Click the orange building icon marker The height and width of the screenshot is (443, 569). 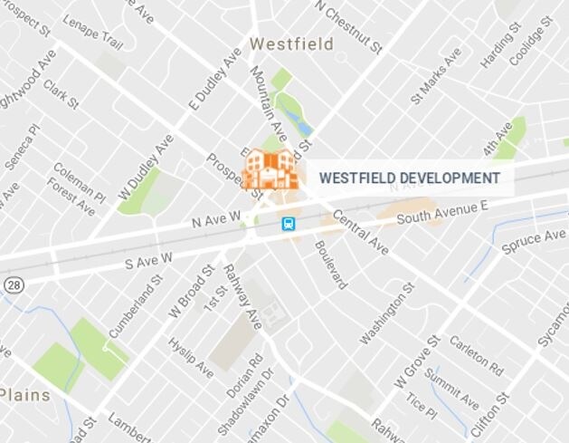270,169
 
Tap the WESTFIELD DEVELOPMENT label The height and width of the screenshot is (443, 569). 409,178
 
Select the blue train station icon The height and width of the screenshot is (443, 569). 289,223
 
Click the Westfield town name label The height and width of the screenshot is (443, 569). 291,43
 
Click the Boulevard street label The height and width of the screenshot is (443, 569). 330,265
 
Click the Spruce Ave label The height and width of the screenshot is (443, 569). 536,242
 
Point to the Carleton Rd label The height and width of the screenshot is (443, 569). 476,357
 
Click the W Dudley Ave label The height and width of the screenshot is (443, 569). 146,167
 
